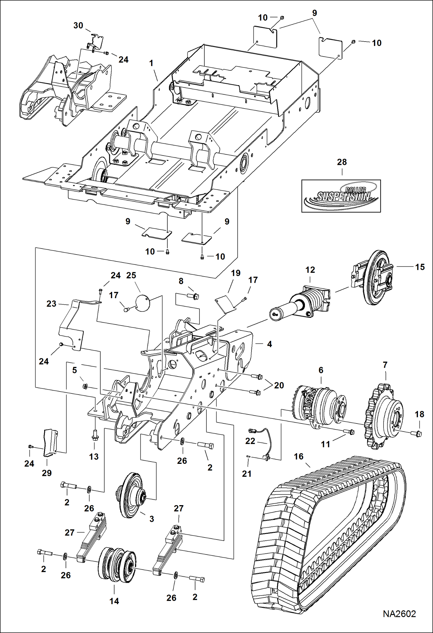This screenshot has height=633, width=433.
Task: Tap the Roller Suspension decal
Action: [341, 196]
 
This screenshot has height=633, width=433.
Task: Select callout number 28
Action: [342, 162]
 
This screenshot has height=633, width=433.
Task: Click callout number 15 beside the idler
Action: [420, 267]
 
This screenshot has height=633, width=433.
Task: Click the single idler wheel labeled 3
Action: [132, 495]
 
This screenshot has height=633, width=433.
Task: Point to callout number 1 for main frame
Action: [151, 63]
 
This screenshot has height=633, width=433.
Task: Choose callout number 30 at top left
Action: [78, 25]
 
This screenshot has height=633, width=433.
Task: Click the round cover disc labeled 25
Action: [142, 303]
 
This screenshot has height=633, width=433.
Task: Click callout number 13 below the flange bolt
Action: [94, 457]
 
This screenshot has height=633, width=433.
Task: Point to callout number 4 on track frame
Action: [269, 344]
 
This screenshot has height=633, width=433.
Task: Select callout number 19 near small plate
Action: [236, 273]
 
